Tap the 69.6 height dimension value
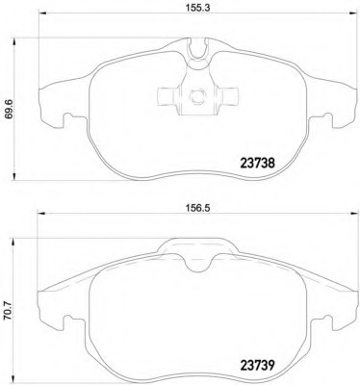[8, 110]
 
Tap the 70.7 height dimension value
[8, 310]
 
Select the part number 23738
[257, 164]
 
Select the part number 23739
[257, 365]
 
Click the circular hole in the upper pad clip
[197, 95]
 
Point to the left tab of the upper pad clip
[167, 96]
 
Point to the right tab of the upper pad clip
[228, 96]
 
